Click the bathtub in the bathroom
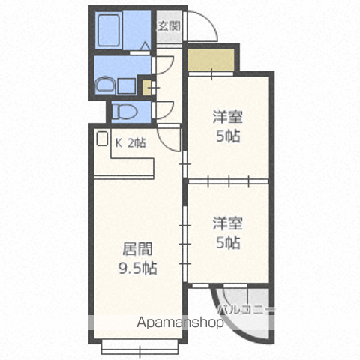pyautogui.click(x=109, y=30)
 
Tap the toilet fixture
pyautogui.click(x=124, y=112)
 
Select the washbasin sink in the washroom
pyautogui.click(x=106, y=85)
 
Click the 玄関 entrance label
pyautogui.click(x=169, y=26)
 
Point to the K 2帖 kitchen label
pyautogui.click(x=130, y=143)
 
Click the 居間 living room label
pyautogui.click(x=137, y=249)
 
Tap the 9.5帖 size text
pyautogui.click(x=137, y=268)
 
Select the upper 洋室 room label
pyautogui.click(x=228, y=117)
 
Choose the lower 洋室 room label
pyautogui.click(x=228, y=223)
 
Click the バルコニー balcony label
pyautogui.click(x=246, y=310)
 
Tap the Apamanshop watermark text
pyautogui.click(x=180, y=322)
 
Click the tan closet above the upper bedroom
pyautogui.click(x=211, y=60)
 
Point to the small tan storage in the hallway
pyautogui.click(x=147, y=88)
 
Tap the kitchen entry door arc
pyautogui.click(x=167, y=142)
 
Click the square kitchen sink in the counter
pyautogui.click(x=102, y=138)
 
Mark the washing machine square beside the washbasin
pyautogui.click(x=126, y=86)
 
